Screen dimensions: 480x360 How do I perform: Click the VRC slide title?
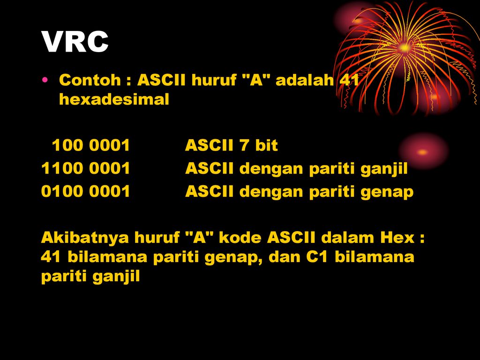click(75, 42)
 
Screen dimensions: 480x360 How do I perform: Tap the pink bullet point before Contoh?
click(45, 80)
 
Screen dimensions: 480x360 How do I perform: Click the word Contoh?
click(90, 80)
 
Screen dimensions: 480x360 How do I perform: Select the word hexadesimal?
click(114, 99)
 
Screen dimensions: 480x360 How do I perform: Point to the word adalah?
click(305, 80)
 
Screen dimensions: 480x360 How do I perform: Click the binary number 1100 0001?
click(86, 168)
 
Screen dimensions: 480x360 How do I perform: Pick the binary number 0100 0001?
click(86, 191)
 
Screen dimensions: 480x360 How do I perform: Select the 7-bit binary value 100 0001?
click(91, 145)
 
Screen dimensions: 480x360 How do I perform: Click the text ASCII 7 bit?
click(232, 145)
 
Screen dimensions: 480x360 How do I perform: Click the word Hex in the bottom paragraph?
click(397, 238)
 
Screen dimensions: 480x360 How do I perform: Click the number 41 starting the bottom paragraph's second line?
click(51, 256)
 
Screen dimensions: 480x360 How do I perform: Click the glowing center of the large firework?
click(405, 48)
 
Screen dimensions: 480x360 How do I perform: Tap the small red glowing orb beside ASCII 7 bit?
click(423, 152)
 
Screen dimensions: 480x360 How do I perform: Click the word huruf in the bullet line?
click(214, 80)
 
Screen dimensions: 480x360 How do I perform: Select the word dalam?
click(348, 238)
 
